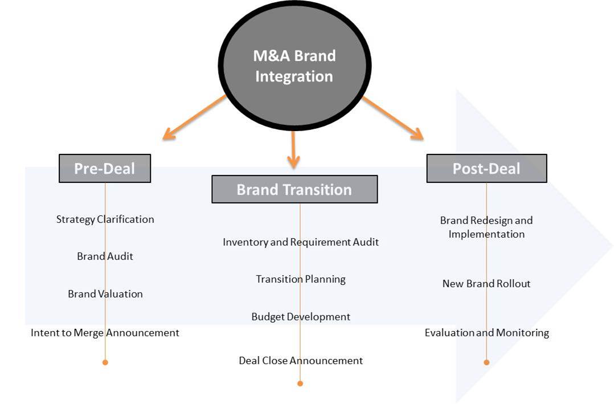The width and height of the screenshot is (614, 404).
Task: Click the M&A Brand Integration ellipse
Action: pyautogui.click(x=293, y=66)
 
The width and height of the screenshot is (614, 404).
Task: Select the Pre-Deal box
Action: pyautogui.click(x=105, y=169)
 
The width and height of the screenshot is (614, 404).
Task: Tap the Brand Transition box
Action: pyautogui.click(x=294, y=189)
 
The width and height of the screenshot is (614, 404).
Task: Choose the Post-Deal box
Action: pyautogui.click(x=486, y=169)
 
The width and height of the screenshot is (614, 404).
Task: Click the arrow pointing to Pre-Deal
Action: pyautogui.click(x=194, y=117)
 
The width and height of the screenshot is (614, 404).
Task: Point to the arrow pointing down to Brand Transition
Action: pyautogui.click(x=293, y=149)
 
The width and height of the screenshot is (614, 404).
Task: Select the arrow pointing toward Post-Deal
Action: pyautogui.click(x=393, y=117)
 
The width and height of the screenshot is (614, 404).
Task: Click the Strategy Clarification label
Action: pyautogui.click(x=105, y=219)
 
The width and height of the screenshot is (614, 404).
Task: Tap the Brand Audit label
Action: pyautogui.click(x=105, y=256)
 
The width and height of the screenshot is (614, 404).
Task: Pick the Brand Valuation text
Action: pyautogui.click(x=105, y=294)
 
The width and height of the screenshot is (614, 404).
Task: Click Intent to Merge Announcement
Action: pyautogui.click(x=105, y=333)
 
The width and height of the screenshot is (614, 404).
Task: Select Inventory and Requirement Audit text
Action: pyautogui.click(x=301, y=242)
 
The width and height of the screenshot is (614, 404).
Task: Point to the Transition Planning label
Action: pyautogui.click(x=301, y=279)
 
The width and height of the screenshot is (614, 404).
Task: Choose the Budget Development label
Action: pyautogui.click(x=301, y=317)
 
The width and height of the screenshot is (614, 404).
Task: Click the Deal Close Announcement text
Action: pyautogui.click(x=301, y=361)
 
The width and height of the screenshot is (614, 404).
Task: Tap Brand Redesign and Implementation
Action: pyautogui.click(x=486, y=227)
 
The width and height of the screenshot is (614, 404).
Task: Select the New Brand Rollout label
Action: pyautogui.click(x=486, y=284)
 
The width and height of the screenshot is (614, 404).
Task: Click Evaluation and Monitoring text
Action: pyautogui.click(x=486, y=333)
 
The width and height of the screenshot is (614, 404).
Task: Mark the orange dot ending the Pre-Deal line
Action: pyautogui.click(x=105, y=362)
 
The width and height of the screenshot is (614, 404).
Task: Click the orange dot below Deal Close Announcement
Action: pyautogui.click(x=300, y=383)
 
